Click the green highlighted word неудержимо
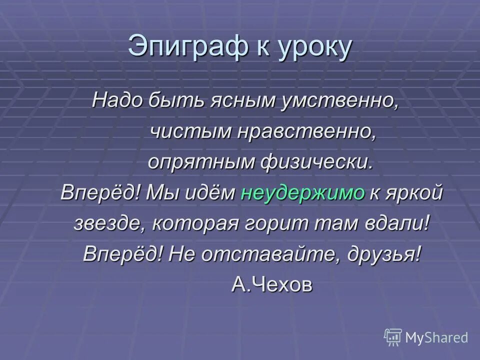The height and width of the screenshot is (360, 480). (303, 193)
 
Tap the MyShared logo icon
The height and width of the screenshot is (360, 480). (393, 336)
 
